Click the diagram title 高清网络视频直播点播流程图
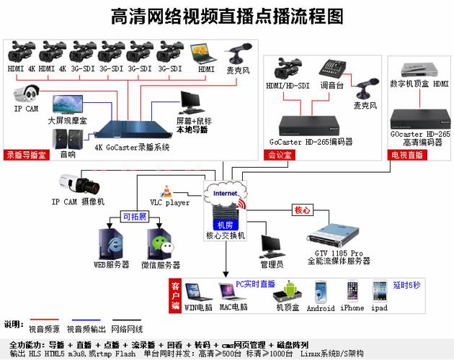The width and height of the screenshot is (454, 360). coord(227,15)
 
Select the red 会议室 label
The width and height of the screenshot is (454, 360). coord(280,154)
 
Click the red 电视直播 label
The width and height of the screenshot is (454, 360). coord(406,154)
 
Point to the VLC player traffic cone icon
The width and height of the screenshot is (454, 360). coord(166,192)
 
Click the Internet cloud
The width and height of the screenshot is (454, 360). coord(225,194)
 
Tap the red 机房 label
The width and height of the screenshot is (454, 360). coord(225,225)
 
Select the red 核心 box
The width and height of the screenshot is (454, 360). coord(302,211)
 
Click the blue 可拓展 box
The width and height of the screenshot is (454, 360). coord(134,217)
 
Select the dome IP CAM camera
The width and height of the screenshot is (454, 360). coord(27,94)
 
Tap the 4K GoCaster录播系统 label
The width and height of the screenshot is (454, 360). coord(132,148)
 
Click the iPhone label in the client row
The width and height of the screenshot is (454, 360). coord(352,308)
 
